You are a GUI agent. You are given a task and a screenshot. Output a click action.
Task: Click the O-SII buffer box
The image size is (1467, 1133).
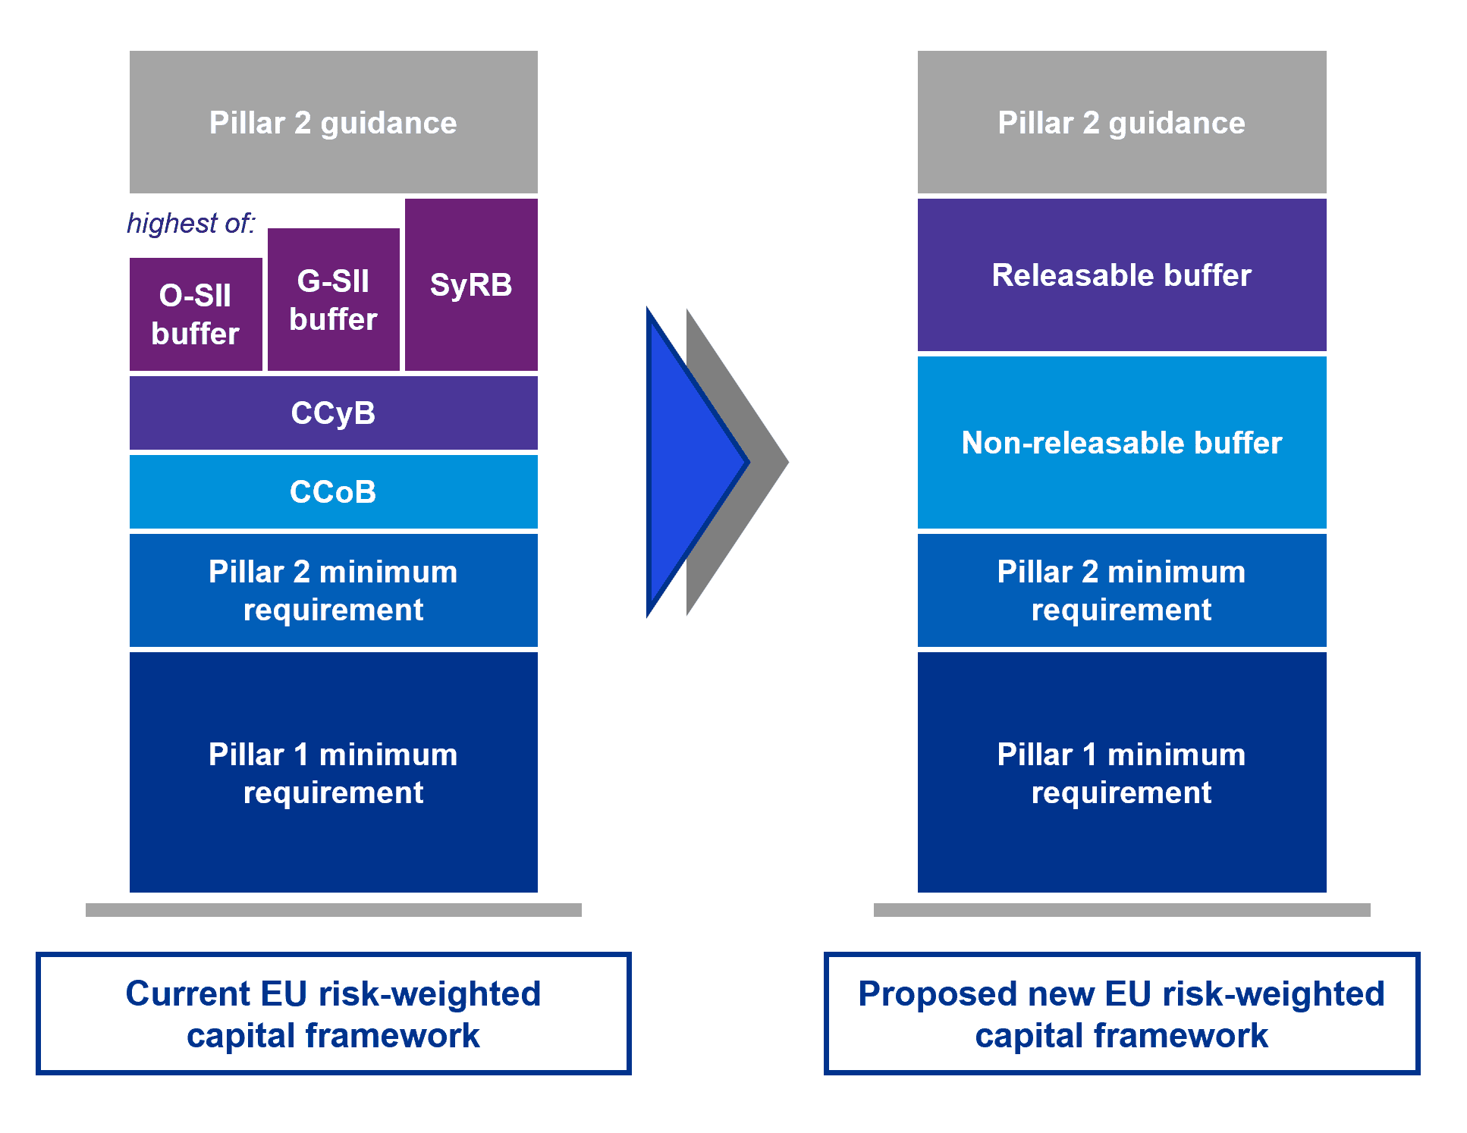[196, 314]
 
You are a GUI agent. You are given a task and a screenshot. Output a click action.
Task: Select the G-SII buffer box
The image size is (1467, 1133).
[333, 300]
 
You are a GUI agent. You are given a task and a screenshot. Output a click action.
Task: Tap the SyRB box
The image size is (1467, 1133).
[471, 284]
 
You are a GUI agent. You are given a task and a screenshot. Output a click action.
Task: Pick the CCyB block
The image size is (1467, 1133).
[333, 413]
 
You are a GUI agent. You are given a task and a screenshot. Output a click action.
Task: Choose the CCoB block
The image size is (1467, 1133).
[333, 491]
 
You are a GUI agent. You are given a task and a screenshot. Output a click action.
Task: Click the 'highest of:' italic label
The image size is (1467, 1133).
[190, 224]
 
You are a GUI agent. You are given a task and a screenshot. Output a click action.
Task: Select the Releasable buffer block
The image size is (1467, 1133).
[1121, 275]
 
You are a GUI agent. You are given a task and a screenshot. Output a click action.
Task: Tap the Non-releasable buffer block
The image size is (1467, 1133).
[1121, 443]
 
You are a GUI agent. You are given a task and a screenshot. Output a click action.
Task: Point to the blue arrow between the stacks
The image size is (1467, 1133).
[686, 463]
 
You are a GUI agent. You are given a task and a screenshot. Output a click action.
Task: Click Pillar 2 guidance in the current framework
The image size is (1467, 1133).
[333, 122]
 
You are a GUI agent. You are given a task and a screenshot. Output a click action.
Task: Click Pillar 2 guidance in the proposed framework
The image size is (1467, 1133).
[1121, 122]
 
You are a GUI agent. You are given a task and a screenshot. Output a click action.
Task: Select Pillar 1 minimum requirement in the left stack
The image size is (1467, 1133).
[333, 772]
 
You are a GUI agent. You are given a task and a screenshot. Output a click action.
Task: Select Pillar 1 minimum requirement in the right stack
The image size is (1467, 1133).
[1121, 772]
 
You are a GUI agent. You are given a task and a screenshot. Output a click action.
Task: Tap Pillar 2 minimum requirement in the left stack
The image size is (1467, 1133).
[333, 590]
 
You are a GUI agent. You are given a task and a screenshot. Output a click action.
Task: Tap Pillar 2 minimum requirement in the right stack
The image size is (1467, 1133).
[1121, 590]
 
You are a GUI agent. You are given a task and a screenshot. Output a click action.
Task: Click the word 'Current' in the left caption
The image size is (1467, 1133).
[187, 993]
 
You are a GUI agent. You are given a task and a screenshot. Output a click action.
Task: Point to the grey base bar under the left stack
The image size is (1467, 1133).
[333, 910]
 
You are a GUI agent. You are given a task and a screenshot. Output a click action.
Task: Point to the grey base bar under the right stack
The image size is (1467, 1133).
[1121, 910]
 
